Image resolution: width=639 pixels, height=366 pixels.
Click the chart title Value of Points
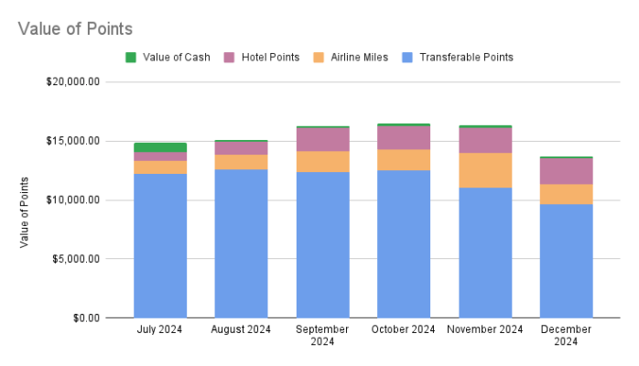(75, 29)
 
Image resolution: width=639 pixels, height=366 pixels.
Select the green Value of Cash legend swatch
(131, 57)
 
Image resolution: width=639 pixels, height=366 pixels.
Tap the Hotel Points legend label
(271, 57)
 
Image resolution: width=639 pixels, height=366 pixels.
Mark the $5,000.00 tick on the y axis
(78, 259)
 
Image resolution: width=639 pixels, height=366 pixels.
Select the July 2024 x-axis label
(160, 329)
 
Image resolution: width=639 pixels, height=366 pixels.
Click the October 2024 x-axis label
(404, 329)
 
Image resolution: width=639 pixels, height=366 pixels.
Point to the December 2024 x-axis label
(566, 335)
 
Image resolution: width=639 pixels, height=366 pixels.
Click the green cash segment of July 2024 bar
(160, 147)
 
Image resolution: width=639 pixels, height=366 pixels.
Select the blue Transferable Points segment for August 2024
(242, 242)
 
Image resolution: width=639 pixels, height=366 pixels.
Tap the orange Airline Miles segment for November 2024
(485, 170)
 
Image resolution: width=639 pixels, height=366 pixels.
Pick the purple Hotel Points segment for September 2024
(322, 139)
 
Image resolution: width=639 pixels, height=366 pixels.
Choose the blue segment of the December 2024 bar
(566, 261)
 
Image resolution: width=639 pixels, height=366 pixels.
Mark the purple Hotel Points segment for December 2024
(566, 171)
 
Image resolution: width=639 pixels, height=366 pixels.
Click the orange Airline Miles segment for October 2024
(404, 160)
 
